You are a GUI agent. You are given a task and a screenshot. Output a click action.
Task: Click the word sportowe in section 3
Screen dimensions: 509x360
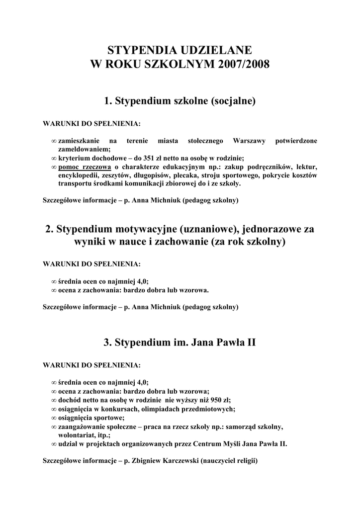point(107,418)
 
